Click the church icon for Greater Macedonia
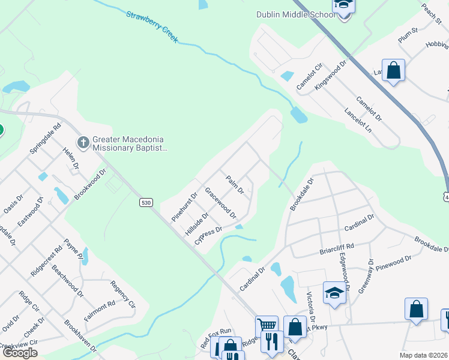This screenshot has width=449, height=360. point(83,142)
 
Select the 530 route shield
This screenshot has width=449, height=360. point(145,203)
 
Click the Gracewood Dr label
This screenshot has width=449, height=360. point(220,202)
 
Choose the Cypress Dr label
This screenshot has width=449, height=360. point(208,234)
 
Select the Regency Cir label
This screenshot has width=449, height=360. point(124,296)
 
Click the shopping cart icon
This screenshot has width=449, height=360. point(267,326)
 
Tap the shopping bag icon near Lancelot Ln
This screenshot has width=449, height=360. point(394,71)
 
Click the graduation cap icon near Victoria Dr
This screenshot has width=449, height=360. point(334,293)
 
